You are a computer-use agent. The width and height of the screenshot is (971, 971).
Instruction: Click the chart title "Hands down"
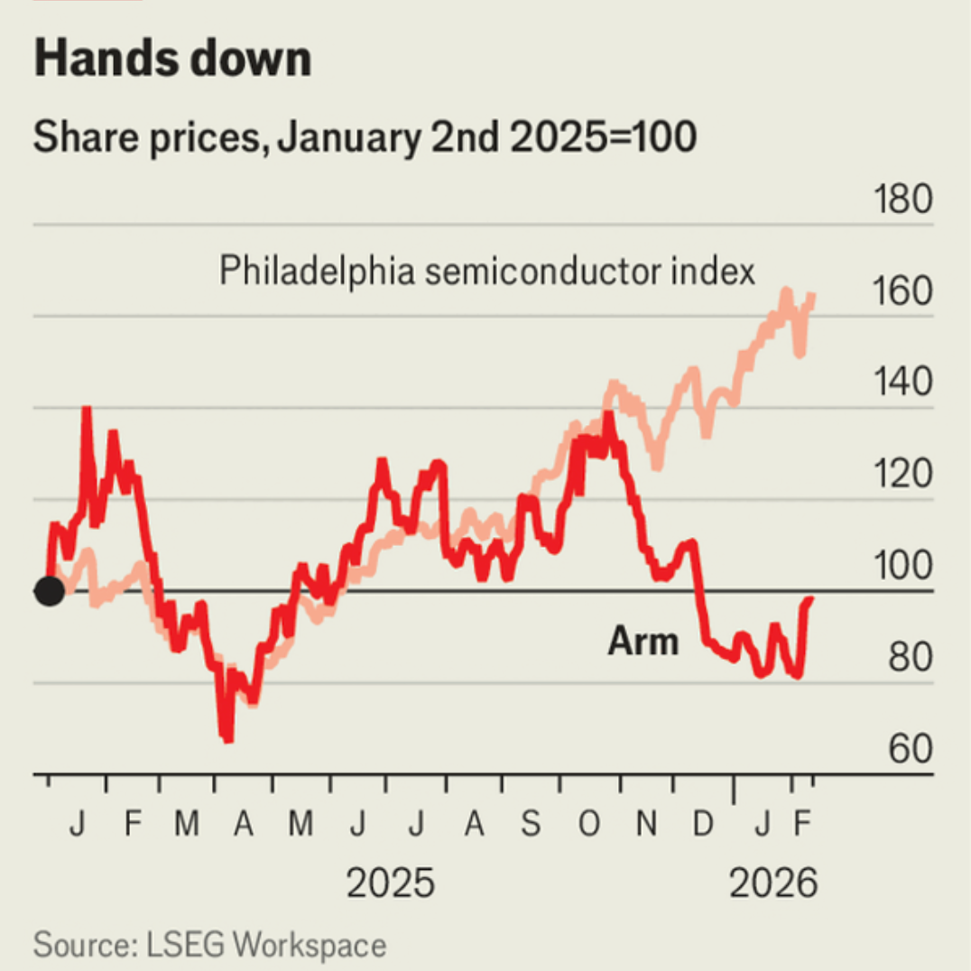(171, 60)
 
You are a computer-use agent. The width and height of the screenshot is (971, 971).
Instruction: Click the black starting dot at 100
(49, 591)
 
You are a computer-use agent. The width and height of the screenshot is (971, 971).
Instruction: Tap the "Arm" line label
(643, 642)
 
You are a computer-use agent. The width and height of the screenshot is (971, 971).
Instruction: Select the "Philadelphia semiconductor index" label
(487, 271)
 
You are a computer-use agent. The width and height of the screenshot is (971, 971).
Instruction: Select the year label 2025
(390, 883)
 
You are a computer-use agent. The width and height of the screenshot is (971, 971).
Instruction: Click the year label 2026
(772, 883)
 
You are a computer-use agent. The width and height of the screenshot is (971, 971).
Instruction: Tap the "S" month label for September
(531, 824)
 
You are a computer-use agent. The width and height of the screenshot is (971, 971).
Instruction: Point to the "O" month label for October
(588, 824)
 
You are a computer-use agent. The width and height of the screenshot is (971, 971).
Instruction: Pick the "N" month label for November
(646, 824)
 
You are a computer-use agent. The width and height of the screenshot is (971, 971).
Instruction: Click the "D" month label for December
(703, 824)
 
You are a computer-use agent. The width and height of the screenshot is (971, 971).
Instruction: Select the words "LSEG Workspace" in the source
(264, 945)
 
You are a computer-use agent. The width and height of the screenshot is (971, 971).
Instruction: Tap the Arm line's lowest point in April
(227, 739)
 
